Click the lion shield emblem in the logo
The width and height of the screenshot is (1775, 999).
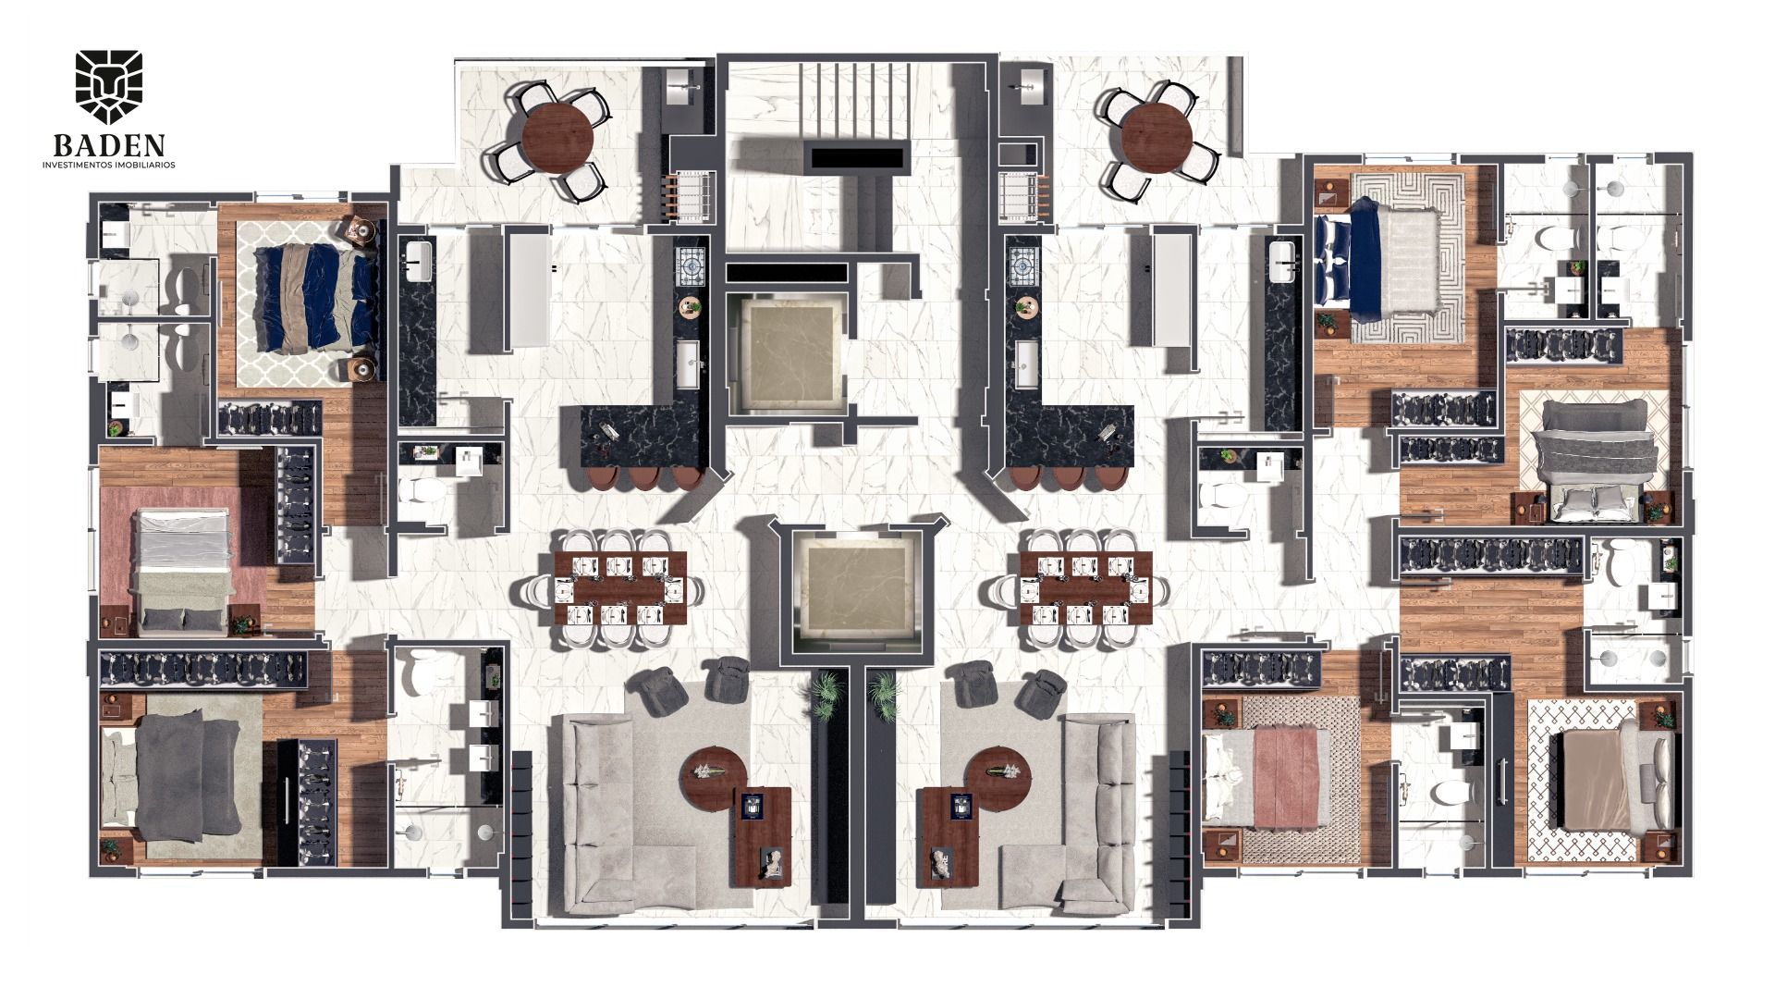pos(109,87)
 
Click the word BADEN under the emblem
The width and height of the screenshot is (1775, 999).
pos(109,146)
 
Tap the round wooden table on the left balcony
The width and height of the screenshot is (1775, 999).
pos(557,139)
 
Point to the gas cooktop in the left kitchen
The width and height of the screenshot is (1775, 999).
pos(690,268)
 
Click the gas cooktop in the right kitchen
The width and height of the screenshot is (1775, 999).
pos(1025,268)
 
